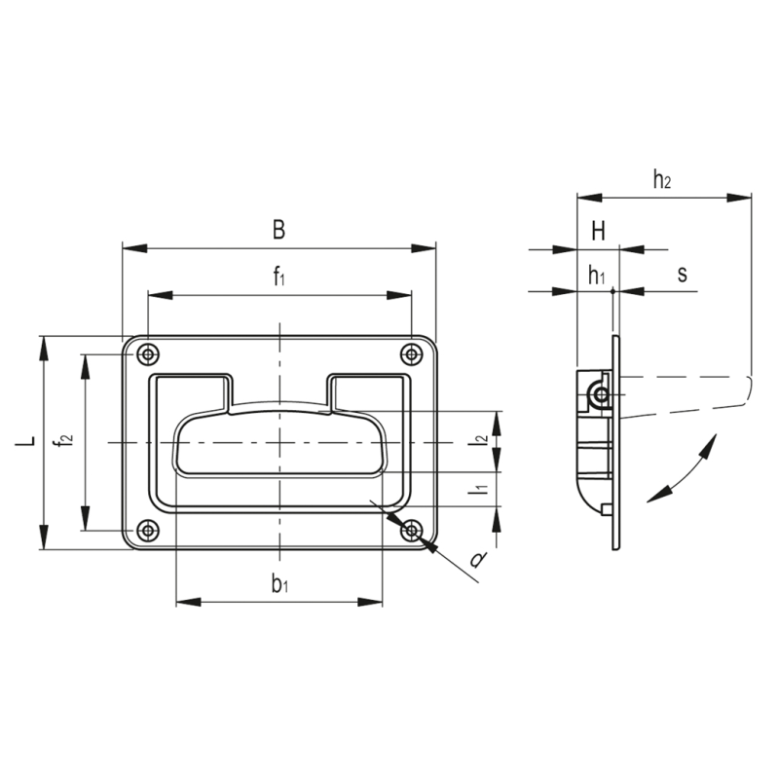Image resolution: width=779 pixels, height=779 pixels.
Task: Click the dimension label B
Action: (x=279, y=230)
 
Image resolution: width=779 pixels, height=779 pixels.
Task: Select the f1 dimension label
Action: (x=279, y=277)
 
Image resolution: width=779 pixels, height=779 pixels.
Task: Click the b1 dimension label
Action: (x=279, y=583)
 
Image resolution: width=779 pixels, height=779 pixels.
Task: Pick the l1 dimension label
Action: (x=479, y=490)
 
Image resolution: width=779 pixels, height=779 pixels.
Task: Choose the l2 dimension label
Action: (x=479, y=439)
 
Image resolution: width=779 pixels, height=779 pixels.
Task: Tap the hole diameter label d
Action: (x=478, y=561)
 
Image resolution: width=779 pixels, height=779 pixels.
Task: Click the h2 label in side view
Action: (x=662, y=179)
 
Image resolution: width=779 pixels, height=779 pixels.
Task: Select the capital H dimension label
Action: (x=598, y=231)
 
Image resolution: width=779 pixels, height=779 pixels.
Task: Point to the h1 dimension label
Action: (x=596, y=275)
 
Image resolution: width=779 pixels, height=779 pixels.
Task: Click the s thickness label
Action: (x=683, y=275)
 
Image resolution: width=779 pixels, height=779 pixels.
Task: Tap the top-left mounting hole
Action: (x=148, y=354)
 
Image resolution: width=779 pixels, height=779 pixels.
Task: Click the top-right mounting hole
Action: (x=411, y=354)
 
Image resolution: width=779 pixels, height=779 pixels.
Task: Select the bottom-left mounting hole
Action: (x=148, y=530)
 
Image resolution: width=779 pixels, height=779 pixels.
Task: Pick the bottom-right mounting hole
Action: (x=411, y=530)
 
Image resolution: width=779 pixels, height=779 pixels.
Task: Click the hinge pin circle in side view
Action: (x=602, y=395)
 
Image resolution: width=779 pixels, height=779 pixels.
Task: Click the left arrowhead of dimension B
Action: (x=135, y=248)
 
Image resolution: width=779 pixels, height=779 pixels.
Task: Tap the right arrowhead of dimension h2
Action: (x=739, y=198)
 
